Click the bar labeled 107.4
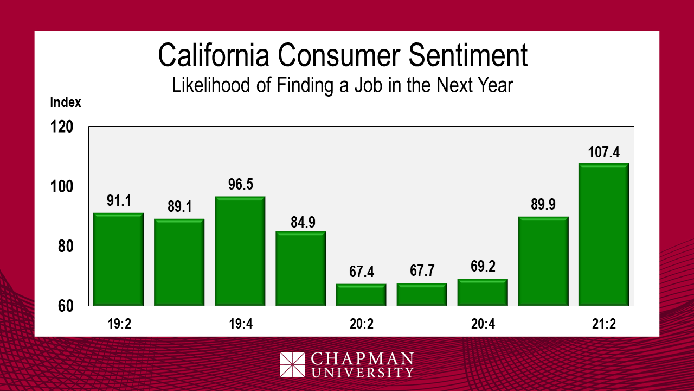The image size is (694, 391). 603,235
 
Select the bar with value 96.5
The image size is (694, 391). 240,251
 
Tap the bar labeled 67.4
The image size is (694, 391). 361,294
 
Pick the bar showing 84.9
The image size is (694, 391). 300,268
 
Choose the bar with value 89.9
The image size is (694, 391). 543,261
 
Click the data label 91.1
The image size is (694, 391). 119,201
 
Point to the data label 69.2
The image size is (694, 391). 483,267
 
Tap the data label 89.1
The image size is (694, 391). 179,207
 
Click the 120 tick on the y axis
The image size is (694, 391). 61,127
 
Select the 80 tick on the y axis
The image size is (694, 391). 65,247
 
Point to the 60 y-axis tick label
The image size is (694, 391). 65,306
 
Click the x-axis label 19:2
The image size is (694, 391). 118,324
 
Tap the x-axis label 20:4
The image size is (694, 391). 483,324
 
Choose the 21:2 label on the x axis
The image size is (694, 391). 603,324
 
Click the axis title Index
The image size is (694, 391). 66,102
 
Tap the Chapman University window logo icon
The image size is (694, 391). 293,365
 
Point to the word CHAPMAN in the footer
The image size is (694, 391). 362,359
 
